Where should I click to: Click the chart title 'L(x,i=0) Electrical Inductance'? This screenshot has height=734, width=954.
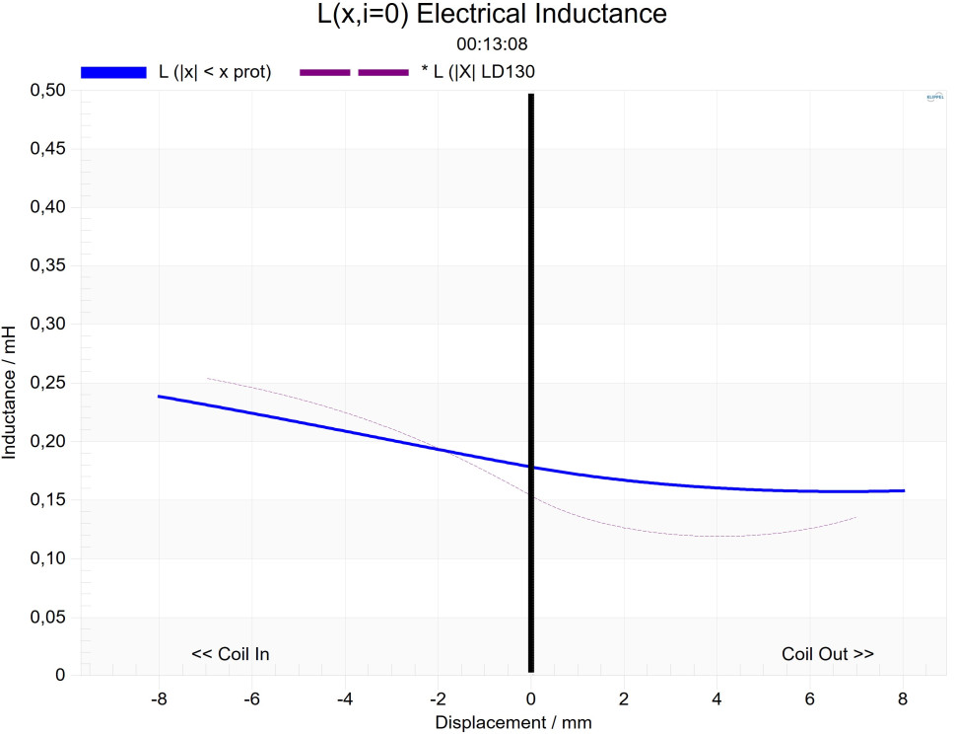(x=477, y=15)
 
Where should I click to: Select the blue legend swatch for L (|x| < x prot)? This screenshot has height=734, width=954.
(x=113, y=72)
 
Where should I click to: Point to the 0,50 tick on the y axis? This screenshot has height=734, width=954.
(x=49, y=91)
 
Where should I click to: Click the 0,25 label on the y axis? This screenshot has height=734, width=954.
(x=49, y=383)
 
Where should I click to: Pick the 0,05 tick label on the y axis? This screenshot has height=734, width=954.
(x=49, y=618)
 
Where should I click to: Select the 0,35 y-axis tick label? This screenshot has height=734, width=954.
(x=49, y=266)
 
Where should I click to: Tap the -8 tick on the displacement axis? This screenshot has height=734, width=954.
(x=158, y=697)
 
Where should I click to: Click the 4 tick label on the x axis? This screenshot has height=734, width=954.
(x=717, y=697)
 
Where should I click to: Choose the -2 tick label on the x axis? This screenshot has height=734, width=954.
(x=437, y=697)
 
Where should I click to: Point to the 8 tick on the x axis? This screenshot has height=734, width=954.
(x=904, y=697)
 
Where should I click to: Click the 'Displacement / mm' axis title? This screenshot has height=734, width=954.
(x=513, y=722)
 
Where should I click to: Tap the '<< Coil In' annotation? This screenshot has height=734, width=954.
(x=230, y=654)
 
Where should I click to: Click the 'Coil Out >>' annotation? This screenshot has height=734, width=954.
(x=828, y=654)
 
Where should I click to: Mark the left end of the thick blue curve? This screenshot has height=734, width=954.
(x=160, y=397)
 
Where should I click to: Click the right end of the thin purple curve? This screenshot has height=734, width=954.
(x=855, y=517)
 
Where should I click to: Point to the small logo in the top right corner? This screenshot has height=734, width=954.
(x=934, y=98)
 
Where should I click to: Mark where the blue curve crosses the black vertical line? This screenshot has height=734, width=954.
(x=531, y=468)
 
